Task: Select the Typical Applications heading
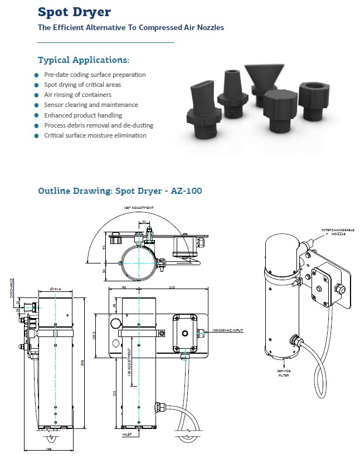[x=84, y=60]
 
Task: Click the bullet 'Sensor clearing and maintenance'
[x=91, y=105]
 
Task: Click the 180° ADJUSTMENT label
[x=139, y=207]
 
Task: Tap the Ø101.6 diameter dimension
[x=55, y=289]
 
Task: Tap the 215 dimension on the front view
[x=115, y=393]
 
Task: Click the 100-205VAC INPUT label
[x=227, y=330]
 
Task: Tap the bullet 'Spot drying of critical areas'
[x=82, y=85]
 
